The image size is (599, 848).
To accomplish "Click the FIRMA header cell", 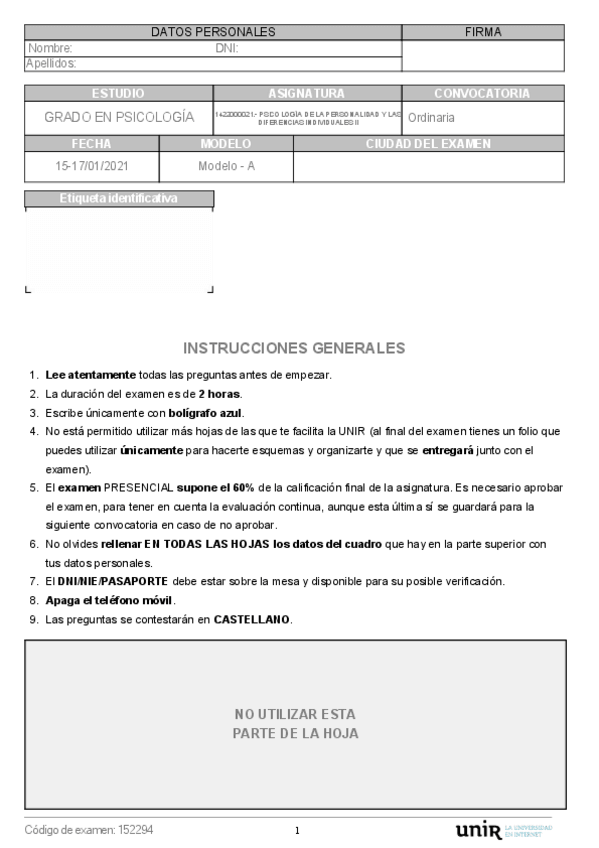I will point(483,33).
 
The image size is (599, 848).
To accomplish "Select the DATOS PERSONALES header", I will point(213,33).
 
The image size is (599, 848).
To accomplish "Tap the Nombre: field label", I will point(50,48).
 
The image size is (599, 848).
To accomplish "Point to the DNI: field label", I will point(227,48).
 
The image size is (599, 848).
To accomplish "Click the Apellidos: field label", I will point(51,63).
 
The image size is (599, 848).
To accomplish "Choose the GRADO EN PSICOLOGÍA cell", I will point(119,117).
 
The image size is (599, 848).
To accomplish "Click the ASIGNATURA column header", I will point(306,93).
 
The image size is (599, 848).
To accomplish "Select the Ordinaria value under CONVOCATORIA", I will point(432,118).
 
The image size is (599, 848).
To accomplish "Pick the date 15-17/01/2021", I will point(91,166).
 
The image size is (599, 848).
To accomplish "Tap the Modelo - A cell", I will point(227,166).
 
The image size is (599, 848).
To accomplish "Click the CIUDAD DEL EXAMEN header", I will point(428,144).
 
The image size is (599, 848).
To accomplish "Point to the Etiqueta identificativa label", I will point(119,198).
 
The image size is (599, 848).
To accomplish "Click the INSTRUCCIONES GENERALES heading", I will point(295,348).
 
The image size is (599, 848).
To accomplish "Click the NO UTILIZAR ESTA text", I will point(295,714).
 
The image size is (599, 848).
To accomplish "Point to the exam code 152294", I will point(135,830).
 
